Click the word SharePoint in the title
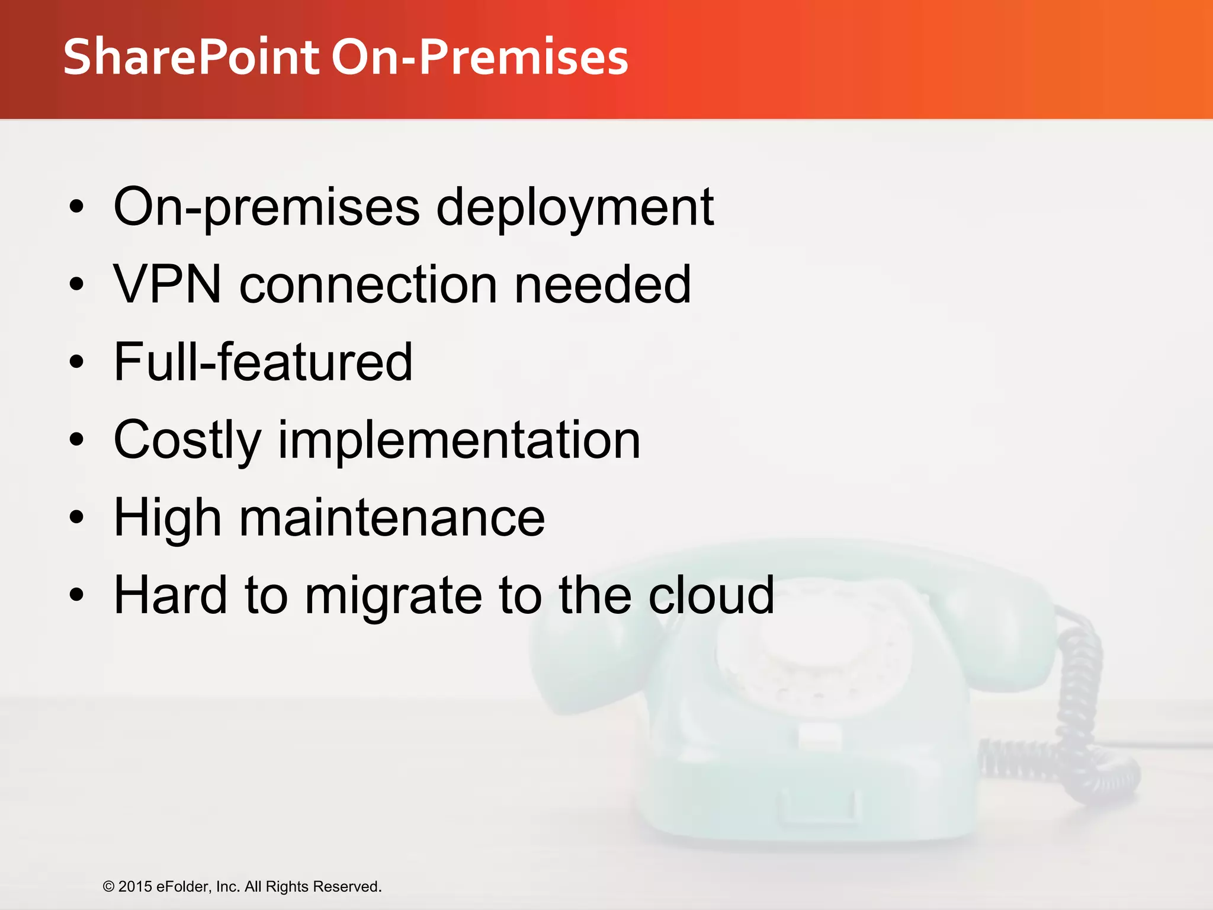[191, 57]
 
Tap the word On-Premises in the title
[480, 57]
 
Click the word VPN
[168, 284]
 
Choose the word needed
[602, 284]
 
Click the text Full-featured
[263, 362]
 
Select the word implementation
[459, 440]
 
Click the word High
[168, 518]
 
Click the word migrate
[393, 595]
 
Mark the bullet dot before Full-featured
[76, 362]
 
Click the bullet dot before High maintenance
[76, 518]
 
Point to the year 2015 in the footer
[135, 887]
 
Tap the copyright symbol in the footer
[108, 887]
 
